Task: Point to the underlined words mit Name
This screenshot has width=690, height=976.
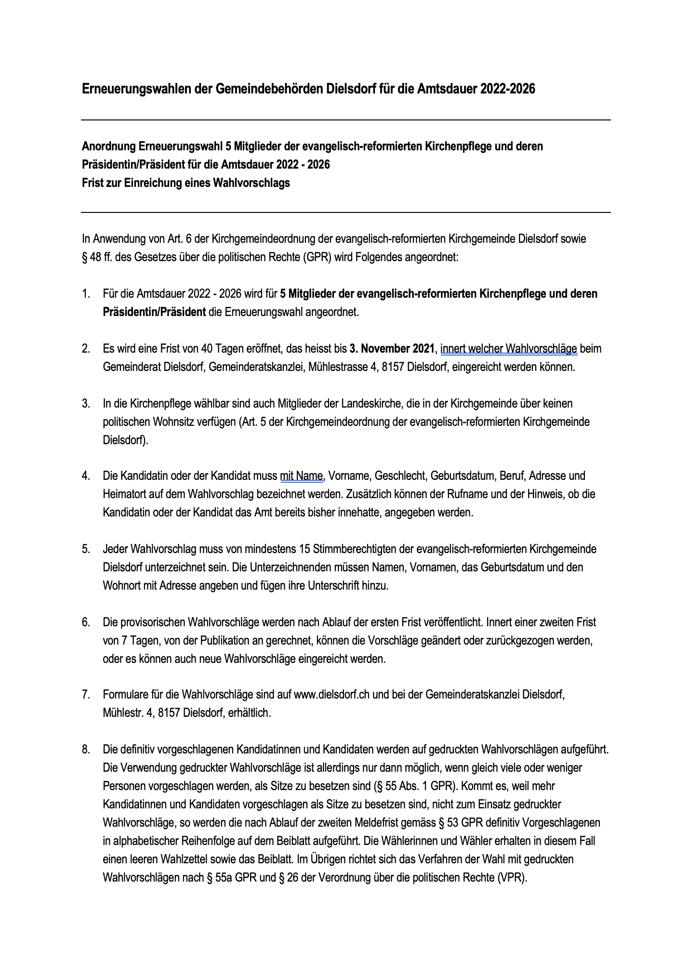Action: click(301, 476)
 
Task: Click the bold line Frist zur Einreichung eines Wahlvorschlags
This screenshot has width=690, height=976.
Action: click(186, 183)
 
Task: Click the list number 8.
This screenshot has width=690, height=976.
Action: click(86, 750)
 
